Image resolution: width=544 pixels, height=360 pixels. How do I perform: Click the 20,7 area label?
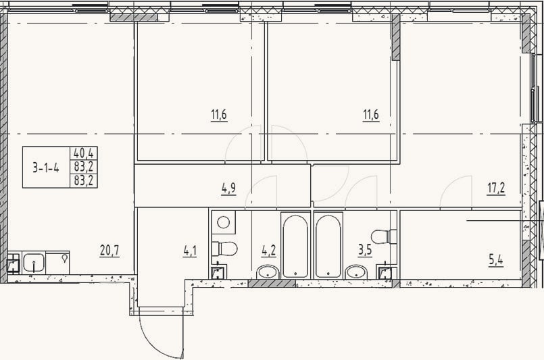click(109, 250)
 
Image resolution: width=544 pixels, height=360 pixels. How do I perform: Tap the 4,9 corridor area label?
click(228, 188)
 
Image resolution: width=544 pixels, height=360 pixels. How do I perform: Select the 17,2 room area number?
click(496, 188)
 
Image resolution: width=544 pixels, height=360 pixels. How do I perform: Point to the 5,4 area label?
click(496, 260)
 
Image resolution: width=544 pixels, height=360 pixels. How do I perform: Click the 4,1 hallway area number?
click(190, 251)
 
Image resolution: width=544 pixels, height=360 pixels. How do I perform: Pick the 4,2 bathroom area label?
click(269, 251)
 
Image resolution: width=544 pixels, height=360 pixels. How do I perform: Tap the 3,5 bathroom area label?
click(365, 250)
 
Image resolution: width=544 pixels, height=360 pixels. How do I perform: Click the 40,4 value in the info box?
click(84, 153)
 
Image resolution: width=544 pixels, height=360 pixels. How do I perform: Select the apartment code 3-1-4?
click(46, 168)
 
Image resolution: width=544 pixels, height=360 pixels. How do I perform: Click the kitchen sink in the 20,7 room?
click(34, 263)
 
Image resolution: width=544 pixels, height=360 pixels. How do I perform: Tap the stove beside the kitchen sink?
click(57, 263)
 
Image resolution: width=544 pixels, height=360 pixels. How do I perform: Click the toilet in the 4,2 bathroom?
click(224, 249)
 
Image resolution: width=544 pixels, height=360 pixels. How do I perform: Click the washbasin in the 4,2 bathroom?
click(267, 272)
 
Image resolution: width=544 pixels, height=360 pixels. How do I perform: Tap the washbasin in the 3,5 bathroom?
click(357, 272)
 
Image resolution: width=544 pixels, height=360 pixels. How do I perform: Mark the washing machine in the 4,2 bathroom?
click(224, 222)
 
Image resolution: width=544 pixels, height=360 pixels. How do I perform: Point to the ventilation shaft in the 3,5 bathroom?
click(385, 273)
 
